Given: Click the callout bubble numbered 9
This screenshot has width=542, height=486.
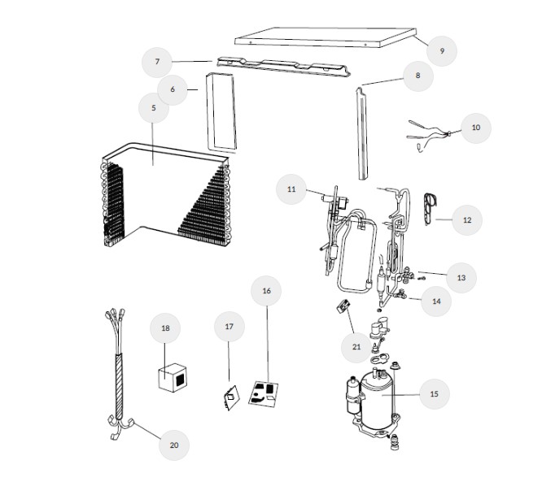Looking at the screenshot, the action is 442,51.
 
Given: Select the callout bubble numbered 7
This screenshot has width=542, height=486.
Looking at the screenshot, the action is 157,62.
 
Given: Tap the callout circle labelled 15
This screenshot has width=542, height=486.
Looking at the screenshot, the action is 435,394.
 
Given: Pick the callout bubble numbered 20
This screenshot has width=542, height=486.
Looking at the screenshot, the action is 174,445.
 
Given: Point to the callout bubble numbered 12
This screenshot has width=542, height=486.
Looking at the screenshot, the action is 467,220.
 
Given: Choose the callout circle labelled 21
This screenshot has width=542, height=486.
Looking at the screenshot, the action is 356,347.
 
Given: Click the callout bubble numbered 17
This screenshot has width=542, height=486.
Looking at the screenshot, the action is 229,327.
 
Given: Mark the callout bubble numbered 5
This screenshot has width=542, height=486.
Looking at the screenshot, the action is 154,108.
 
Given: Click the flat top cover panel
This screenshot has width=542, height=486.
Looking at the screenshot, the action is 325,37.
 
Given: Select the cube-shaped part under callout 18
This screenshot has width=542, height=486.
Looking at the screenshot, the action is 173,378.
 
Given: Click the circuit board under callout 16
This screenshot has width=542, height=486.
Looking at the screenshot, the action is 264,394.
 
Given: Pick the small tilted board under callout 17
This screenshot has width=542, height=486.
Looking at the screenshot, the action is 231,397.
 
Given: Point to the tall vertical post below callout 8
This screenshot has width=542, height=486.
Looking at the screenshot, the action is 362,133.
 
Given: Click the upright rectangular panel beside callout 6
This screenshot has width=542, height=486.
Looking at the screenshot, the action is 221,112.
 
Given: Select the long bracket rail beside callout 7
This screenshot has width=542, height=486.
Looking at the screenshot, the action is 283,66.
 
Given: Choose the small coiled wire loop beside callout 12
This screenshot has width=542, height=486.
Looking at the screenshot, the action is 430,209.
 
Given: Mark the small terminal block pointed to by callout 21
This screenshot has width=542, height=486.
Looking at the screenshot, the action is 343,306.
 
